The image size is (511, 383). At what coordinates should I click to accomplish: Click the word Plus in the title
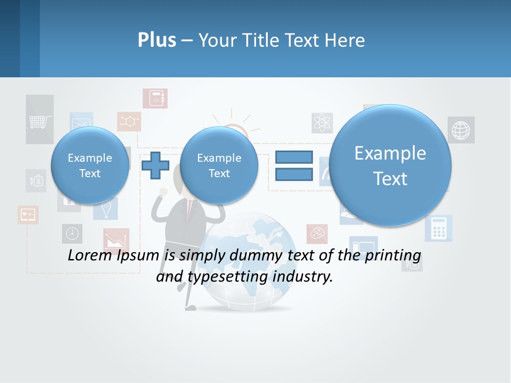click(x=156, y=40)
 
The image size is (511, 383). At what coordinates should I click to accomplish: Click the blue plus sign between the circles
click(x=155, y=165)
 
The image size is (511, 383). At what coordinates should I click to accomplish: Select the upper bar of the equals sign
click(x=293, y=157)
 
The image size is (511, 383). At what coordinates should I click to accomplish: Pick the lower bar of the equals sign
click(x=293, y=173)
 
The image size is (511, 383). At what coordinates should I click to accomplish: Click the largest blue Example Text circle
click(x=390, y=165)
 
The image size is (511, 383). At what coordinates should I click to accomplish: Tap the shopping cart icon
click(x=40, y=121)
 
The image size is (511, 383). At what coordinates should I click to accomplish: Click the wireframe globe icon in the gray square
click(x=461, y=130)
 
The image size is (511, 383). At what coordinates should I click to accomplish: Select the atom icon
click(x=323, y=123)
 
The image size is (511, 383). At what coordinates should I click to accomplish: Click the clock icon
click(x=72, y=233)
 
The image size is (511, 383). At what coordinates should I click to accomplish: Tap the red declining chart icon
click(x=116, y=240)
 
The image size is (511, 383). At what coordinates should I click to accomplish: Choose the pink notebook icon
click(x=155, y=98)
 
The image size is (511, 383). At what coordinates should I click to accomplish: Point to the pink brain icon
click(x=317, y=234)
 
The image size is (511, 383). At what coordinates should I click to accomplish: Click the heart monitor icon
click(x=28, y=214)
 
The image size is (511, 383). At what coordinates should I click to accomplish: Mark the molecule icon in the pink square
click(x=129, y=121)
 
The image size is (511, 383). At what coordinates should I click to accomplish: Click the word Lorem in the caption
click(x=90, y=255)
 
